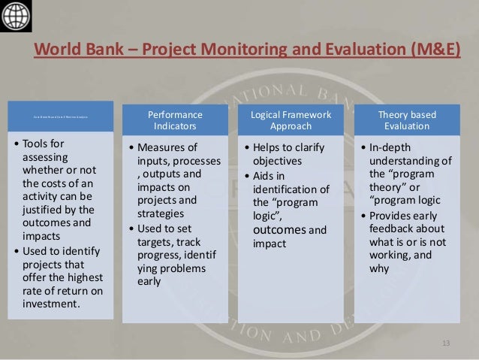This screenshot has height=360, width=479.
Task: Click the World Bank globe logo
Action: coord(16,15)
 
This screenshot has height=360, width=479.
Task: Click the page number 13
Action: coord(446,343)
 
